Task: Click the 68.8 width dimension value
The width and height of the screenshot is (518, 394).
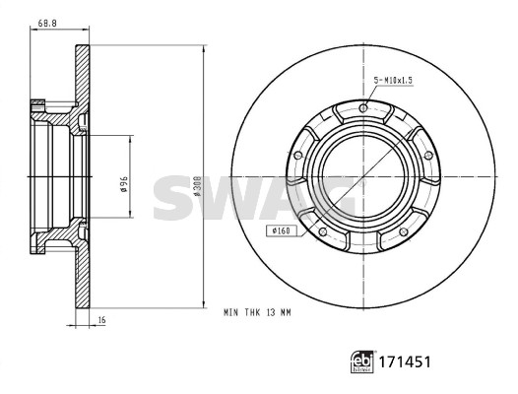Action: point(47,23)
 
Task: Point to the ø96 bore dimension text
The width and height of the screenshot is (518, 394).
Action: point(124,184)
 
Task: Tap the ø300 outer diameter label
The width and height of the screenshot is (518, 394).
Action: point(198,185)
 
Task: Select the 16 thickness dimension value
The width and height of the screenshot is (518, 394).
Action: point(102,319)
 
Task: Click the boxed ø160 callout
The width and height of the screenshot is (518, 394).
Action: point(281,230)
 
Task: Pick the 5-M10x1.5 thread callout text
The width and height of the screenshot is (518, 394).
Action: point(393,81)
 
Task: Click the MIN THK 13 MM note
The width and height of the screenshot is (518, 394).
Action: point(257,312)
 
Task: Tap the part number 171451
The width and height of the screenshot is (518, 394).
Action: point(405,361)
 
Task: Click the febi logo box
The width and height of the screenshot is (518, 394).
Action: point(362,361)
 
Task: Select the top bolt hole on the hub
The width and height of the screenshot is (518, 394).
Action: point(363,108)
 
